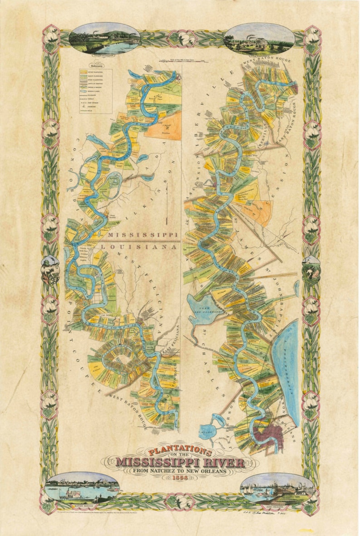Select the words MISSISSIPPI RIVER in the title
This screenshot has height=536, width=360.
point(180,463)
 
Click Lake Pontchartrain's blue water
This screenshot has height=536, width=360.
point(287,363)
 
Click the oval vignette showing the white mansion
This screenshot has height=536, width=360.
point(259,38)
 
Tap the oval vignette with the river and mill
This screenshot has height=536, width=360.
point(104,38)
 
